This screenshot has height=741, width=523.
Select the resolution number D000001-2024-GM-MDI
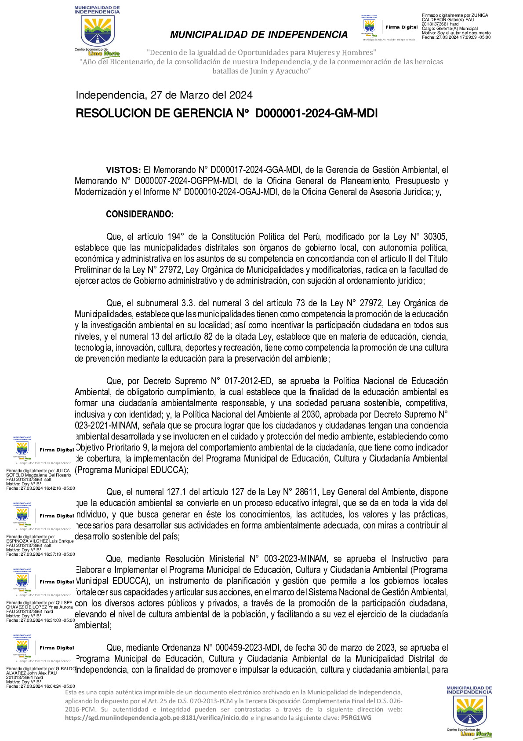coord(316,114)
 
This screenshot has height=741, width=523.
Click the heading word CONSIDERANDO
coord(139,214)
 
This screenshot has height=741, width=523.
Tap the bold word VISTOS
coord(123,170)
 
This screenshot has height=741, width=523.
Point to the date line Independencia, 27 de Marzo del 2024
coord(164,95)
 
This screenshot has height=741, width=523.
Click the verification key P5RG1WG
coord(356,718)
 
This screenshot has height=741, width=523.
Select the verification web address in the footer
coord(156,718)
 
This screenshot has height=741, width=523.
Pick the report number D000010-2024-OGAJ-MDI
coord(232,192)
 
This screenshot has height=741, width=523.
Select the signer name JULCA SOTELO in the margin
coord(38,473)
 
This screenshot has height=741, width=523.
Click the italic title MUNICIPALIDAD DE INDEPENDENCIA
coord(259,35)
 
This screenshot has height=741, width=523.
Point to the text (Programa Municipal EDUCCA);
coord(131,470)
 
